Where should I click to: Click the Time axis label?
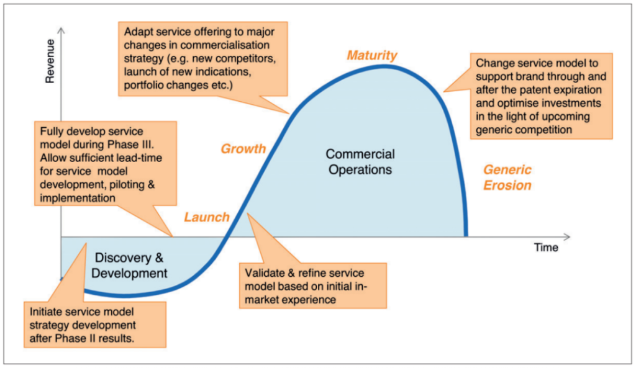(x=546, y=248)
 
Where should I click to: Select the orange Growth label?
(x=243, y=149)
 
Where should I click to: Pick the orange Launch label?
(x=206, y=217)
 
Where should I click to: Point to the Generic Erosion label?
(x=507, y=177)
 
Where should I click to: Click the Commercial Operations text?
(x=360, y=161)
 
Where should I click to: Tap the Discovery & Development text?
(x=131, y=265)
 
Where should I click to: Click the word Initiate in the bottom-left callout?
(x=47, y=311)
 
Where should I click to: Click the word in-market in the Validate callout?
(x=351, y=286)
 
